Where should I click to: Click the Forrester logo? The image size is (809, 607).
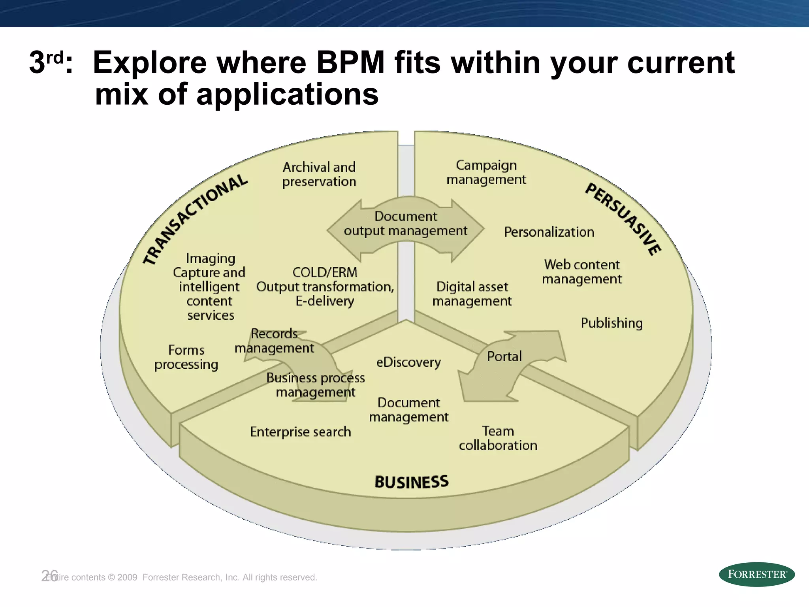point(756,574)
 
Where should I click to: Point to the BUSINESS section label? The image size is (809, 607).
point(411,482)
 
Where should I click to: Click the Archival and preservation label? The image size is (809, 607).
point(319,174)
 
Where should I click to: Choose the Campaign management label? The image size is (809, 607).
point(486,172)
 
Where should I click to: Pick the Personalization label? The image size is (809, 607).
point(549,232)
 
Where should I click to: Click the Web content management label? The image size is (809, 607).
point(582,272)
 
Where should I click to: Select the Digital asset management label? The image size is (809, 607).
point(472,294)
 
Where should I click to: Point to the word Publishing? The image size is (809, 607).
point(611,323)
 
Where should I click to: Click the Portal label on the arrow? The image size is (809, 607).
point(504,356)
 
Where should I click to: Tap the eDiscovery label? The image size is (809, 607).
point(408,362)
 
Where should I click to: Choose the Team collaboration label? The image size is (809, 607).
point(498,438)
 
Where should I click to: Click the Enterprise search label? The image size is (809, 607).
point(301,432)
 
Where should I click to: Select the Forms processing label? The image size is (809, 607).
point(186,357)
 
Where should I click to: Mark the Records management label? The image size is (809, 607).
point(274,341)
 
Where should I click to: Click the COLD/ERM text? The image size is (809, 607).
point(325,272)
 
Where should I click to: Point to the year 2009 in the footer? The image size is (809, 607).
point(127,577)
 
